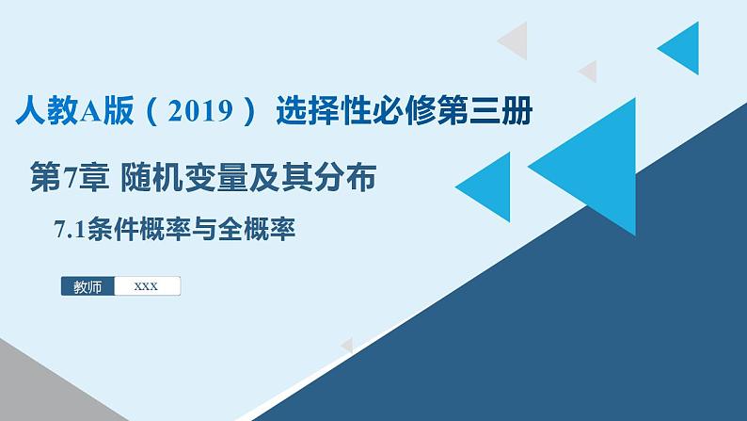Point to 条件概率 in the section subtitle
pos(140,231)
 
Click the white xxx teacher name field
pos(147,286)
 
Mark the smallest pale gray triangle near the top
pos(589,71)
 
